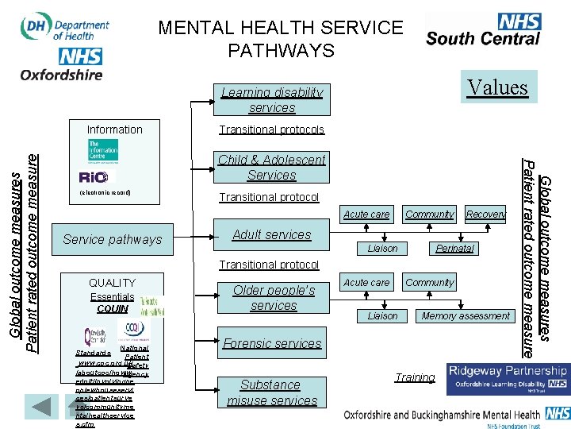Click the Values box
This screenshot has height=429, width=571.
pyautogui.click(x=497, y=87)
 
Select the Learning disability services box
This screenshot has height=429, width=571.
pyautogui.click(x=272, y=100)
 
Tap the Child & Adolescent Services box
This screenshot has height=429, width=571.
pyautogui.click(x=271, y=167)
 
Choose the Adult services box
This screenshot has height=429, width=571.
pyautogui.click(x=271, y=235)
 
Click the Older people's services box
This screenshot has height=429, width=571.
pyautogui.click(x=273, y=297)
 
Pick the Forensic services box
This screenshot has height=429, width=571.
pyautogui.click(x=272, y=343)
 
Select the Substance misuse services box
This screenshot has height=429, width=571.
pyautogui.click(x=271, y=392)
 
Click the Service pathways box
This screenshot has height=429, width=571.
pyautogui.click(x=112, y=239)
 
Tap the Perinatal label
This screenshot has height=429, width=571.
pyautogui.click(x=454, y=249)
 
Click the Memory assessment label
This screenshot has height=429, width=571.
pyautogui.click(x=466, y=315)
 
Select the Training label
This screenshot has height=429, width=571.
pyautogui.click(x=415, y=377)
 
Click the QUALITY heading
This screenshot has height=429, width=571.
pyautogui.click(x=112, y=283)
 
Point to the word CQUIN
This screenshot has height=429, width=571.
pyautogui.click(x=112, y=308)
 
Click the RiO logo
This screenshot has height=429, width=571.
pyautogui.click(x=97, y=176)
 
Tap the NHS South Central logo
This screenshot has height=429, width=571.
pyautogui.click(x=484, y=30)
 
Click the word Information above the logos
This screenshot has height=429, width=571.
pyautogui.click(x=115, y=129)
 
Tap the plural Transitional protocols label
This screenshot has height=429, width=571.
pyautogui.click(x=271, y=129)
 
